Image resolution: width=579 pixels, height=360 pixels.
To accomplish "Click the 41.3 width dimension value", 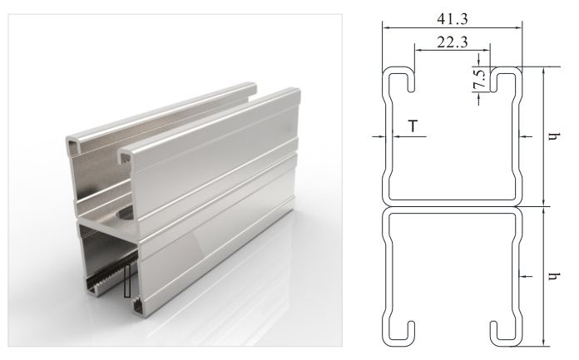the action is [x=453, y=18].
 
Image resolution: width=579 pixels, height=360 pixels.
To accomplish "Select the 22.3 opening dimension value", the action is [x=453, y=42].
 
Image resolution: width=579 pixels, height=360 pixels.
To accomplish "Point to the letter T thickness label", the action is [x=413, y=126].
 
